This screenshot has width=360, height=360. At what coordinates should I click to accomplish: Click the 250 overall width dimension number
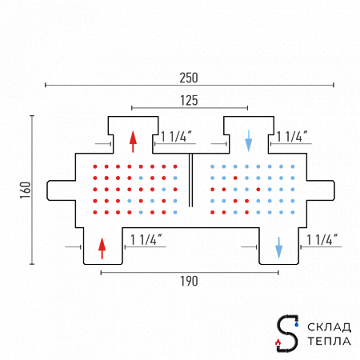tap(189, 78)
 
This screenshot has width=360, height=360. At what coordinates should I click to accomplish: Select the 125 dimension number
tap(189, 101)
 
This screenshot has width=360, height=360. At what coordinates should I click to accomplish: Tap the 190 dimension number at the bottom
tap(189, 282)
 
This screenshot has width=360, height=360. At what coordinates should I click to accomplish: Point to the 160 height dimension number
tap(26, 190)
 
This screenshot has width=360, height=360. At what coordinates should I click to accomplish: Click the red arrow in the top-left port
tap(133, 142)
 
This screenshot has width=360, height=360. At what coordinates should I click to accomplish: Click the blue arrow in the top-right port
tap(249, 141)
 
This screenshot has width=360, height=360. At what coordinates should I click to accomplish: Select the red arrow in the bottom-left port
tap(102, 248)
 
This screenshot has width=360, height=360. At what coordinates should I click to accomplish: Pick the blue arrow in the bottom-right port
tap(278, 247)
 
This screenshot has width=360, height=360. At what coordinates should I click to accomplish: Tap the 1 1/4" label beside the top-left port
tap(176, 137)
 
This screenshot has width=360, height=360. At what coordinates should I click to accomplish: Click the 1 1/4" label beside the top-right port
tap(292, 137)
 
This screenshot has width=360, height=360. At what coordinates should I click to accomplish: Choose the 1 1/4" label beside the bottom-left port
tap(146, 240)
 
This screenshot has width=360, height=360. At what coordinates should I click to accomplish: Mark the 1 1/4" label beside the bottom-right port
tap(322, 240)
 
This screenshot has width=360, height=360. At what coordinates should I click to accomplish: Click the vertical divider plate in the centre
tap(190, 180)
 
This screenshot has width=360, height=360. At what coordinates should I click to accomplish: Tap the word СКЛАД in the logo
tap(330, 327)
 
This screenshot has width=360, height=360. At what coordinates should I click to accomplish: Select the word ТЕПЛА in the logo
tap(330, 341)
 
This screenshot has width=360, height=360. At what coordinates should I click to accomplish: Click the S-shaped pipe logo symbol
tap(287, 334)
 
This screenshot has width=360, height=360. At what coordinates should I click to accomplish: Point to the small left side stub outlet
tap(62, 190)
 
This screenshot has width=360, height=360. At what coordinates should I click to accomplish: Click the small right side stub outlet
tap(321, 190)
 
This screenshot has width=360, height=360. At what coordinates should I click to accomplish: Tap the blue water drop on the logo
tap(297, 325)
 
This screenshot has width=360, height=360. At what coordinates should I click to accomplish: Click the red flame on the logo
tap(278, 342)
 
